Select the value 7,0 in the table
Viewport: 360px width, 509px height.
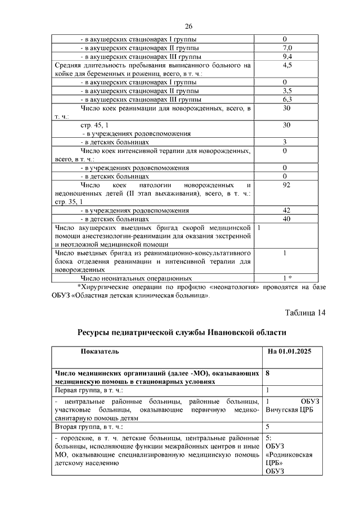[286, 48]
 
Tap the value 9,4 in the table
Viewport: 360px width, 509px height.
[286, 57]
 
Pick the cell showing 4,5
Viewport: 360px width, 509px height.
[286, 66]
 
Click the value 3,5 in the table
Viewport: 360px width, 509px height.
[286, 91]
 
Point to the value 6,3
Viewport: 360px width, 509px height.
[286, 100]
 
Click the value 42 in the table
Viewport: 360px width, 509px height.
[286, 210]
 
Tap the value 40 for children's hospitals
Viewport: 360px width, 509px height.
[286, 219]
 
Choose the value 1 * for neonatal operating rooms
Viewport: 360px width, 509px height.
[287, 278]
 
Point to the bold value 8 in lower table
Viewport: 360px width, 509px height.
[268, 373]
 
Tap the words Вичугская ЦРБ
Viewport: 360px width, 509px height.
[290, 409]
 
